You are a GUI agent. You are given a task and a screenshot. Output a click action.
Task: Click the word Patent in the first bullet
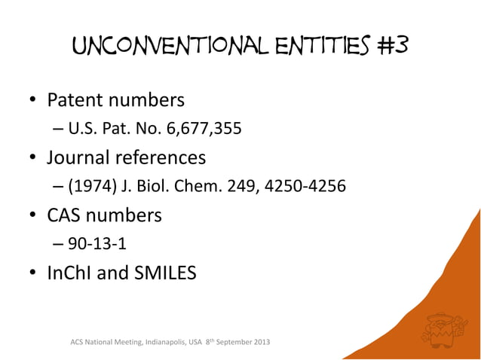[77, 100]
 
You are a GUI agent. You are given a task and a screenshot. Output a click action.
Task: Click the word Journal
[80, 158]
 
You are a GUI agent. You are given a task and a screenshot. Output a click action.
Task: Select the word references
[161, 158]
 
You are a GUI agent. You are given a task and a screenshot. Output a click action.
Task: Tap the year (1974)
[90, 187]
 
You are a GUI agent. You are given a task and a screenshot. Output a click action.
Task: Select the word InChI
[69, 272]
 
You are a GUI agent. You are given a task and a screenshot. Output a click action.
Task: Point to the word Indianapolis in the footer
[157, 344]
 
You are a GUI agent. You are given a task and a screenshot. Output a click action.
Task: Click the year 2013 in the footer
[258, 344]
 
